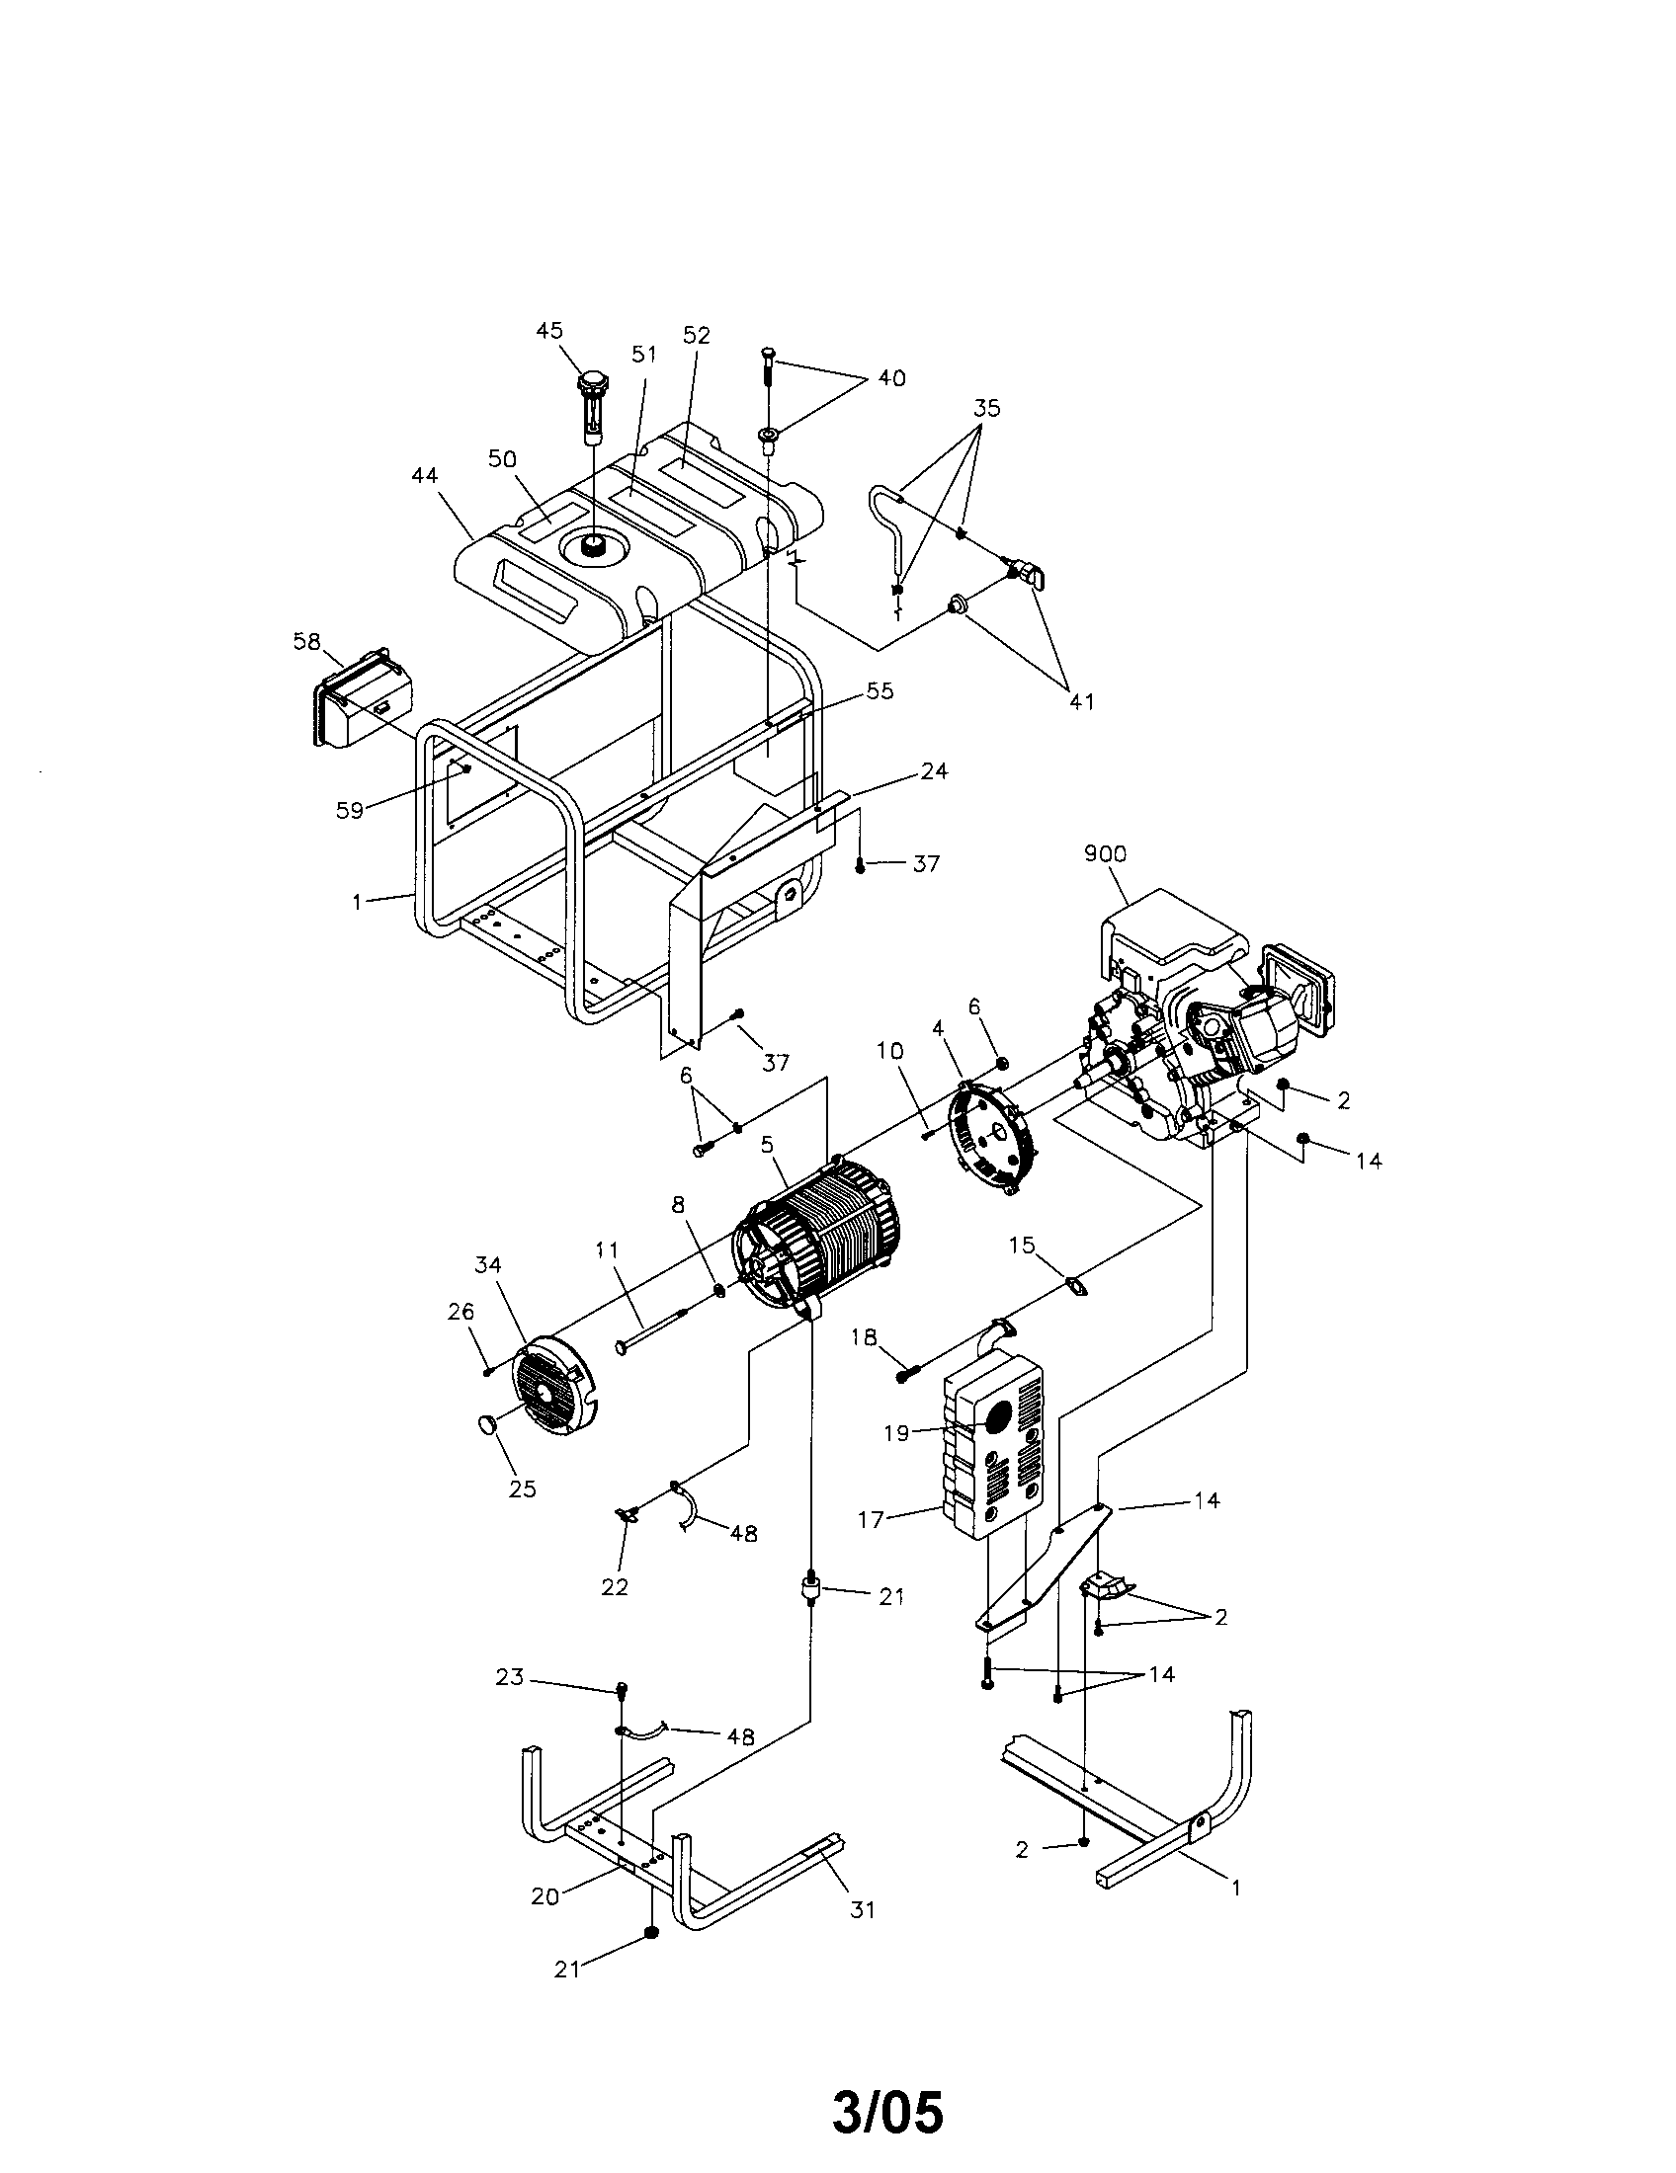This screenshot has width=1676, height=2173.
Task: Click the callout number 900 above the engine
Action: (x=1106, y=853)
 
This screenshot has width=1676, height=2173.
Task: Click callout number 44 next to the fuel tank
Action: (x=425, y=477)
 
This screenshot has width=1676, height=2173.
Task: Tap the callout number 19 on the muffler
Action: (x=895, y=1433)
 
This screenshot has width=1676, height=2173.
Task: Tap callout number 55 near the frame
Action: (x=880, y=690)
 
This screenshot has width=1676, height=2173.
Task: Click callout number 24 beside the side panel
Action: (x=934, y=770)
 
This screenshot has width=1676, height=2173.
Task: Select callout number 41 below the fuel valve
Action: (x=1082, y=701)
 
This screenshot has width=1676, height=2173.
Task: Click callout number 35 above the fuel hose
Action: (x=986, y=408)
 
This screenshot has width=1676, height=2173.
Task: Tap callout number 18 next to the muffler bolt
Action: (x=863, y=1337)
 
